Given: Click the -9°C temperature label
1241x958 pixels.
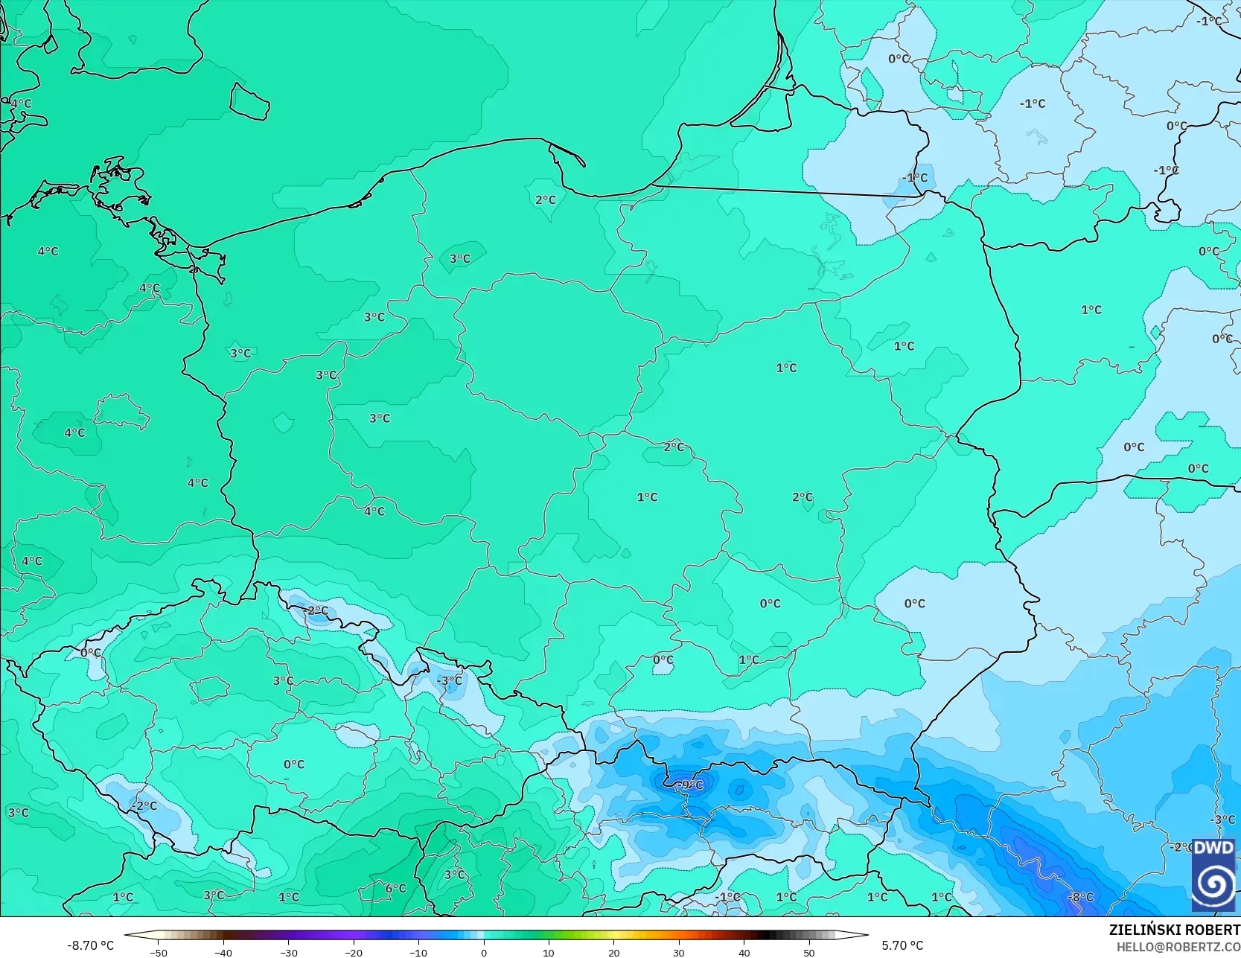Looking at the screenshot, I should [689, 785].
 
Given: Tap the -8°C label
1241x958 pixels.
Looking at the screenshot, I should [1080, 897].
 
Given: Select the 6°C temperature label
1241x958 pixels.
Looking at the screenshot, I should [395, 888].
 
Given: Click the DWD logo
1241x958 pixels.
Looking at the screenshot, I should [1213, 874].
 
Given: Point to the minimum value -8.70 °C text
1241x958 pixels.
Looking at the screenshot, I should [91, 945].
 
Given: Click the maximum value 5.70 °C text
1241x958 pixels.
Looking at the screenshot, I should [902, 945].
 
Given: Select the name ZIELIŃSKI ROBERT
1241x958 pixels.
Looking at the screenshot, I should [1174, 930].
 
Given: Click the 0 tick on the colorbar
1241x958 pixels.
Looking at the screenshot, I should [484, 953].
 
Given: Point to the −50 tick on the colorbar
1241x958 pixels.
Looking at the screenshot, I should [158, 953].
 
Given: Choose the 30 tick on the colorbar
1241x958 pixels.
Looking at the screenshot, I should [679, 953].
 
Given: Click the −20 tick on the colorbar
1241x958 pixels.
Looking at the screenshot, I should [354, 953].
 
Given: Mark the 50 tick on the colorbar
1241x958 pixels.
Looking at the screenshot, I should [809, 953].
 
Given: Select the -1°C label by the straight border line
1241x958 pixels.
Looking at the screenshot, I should [916, 177].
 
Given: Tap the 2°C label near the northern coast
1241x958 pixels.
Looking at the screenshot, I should [546, 199].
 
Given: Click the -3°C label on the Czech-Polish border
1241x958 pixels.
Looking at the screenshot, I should [449, 680].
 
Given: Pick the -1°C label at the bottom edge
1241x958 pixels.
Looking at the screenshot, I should [727, 897].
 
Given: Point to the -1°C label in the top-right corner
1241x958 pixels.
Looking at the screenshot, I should [1209, 21].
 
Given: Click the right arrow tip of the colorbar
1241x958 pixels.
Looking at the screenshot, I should [867, 935].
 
